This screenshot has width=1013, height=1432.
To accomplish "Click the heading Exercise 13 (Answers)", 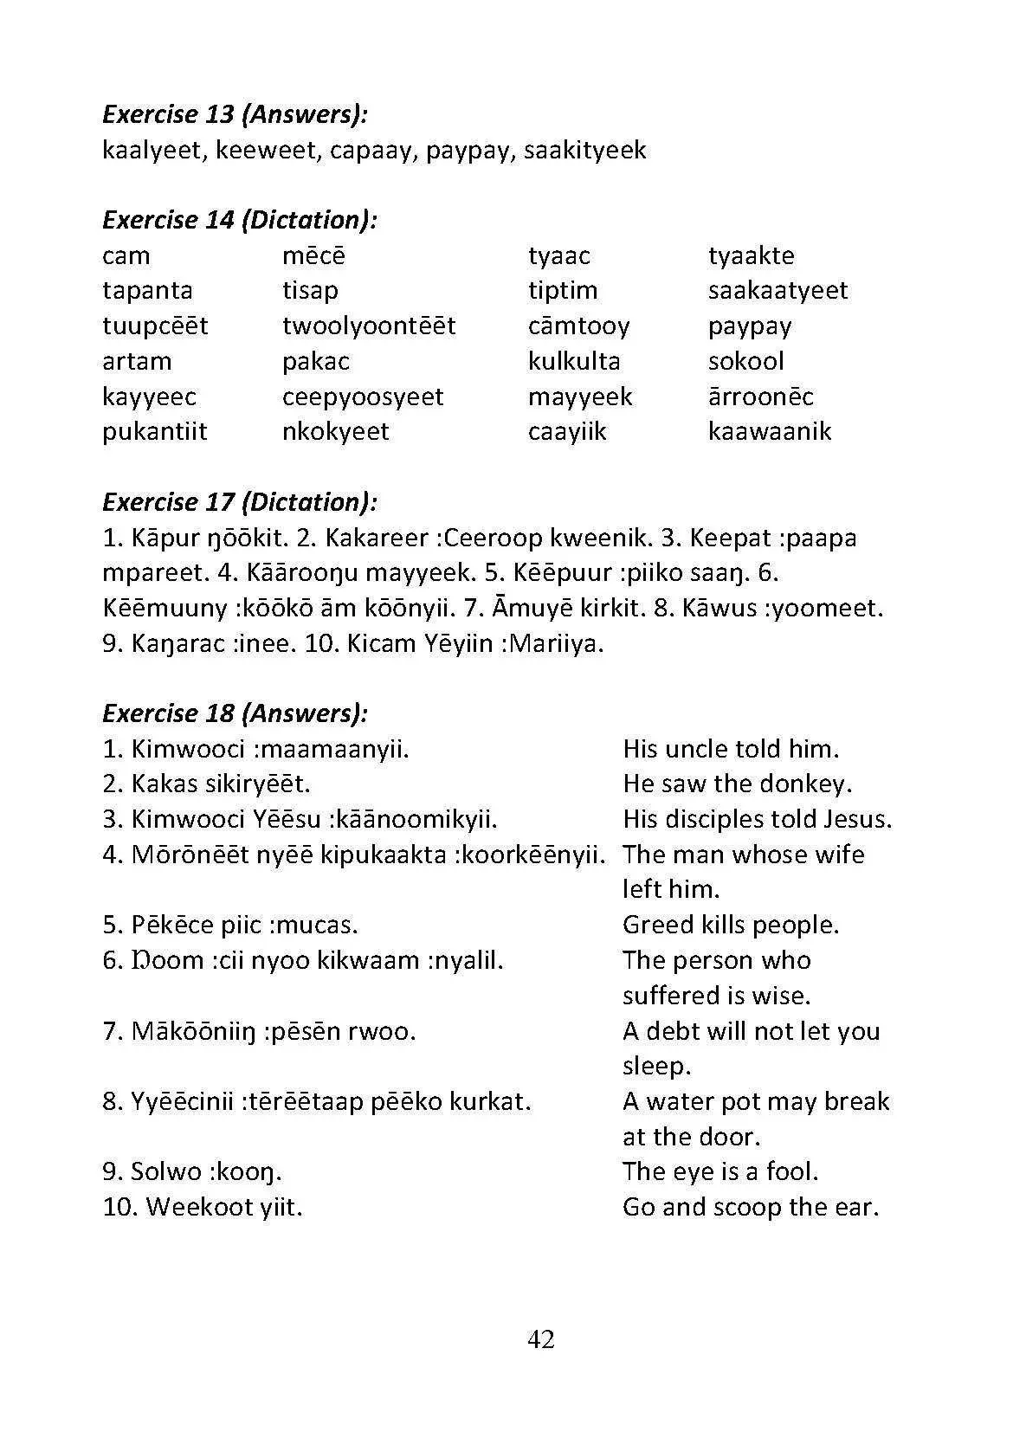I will tap(236, 114).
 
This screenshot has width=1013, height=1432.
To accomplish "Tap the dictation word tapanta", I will tap(147, 290).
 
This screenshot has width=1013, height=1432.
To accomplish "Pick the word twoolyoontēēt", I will tap(369, 326).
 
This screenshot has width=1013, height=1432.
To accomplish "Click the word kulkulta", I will tap(574, 361).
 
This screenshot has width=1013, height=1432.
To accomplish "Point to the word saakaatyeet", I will tap(777, 290).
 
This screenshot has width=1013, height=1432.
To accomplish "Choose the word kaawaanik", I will tap(769, 431).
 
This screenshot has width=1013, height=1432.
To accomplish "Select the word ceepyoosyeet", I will tap(363, 397).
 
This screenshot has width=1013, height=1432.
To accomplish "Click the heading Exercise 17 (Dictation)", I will tap(240, 502).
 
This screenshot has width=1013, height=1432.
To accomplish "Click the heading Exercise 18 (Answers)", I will tap(236, 713).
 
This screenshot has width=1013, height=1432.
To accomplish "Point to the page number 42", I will tap(541, 1339).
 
